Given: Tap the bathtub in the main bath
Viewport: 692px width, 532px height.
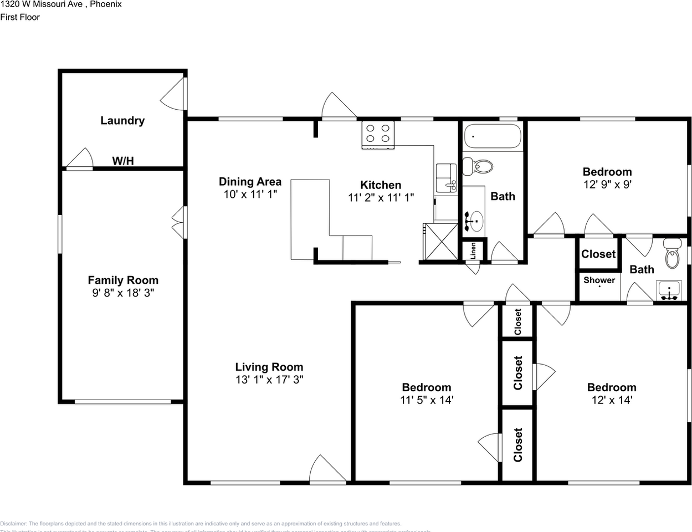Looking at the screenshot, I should coord(493,136).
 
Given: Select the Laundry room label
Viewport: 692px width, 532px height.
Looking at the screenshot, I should coord(122,120).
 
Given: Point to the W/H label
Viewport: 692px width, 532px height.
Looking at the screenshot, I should coord(123,161).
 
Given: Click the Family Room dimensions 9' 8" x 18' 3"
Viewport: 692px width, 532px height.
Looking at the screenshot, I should coord(123,293).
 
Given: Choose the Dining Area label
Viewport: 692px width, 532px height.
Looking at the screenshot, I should coord(250,181).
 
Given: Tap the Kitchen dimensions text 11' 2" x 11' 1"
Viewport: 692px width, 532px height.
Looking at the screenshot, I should coord(381,197).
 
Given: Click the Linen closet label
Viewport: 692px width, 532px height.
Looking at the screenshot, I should coord(473,250).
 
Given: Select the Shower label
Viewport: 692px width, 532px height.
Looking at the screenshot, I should coord(599,280).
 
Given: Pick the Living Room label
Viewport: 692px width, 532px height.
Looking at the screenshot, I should coord(269,366).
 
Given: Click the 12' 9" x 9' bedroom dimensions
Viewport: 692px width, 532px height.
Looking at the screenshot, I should coord(607,185).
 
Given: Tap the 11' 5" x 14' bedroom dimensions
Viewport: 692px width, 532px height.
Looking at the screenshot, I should coord(427,400).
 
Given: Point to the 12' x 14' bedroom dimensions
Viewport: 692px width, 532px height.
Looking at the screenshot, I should coord(612,400).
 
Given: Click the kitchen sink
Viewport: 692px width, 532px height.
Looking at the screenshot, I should coord(446,177).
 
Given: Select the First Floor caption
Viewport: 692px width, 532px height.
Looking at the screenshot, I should coord(20,17).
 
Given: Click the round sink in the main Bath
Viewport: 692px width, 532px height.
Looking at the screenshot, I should coord(474,221).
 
